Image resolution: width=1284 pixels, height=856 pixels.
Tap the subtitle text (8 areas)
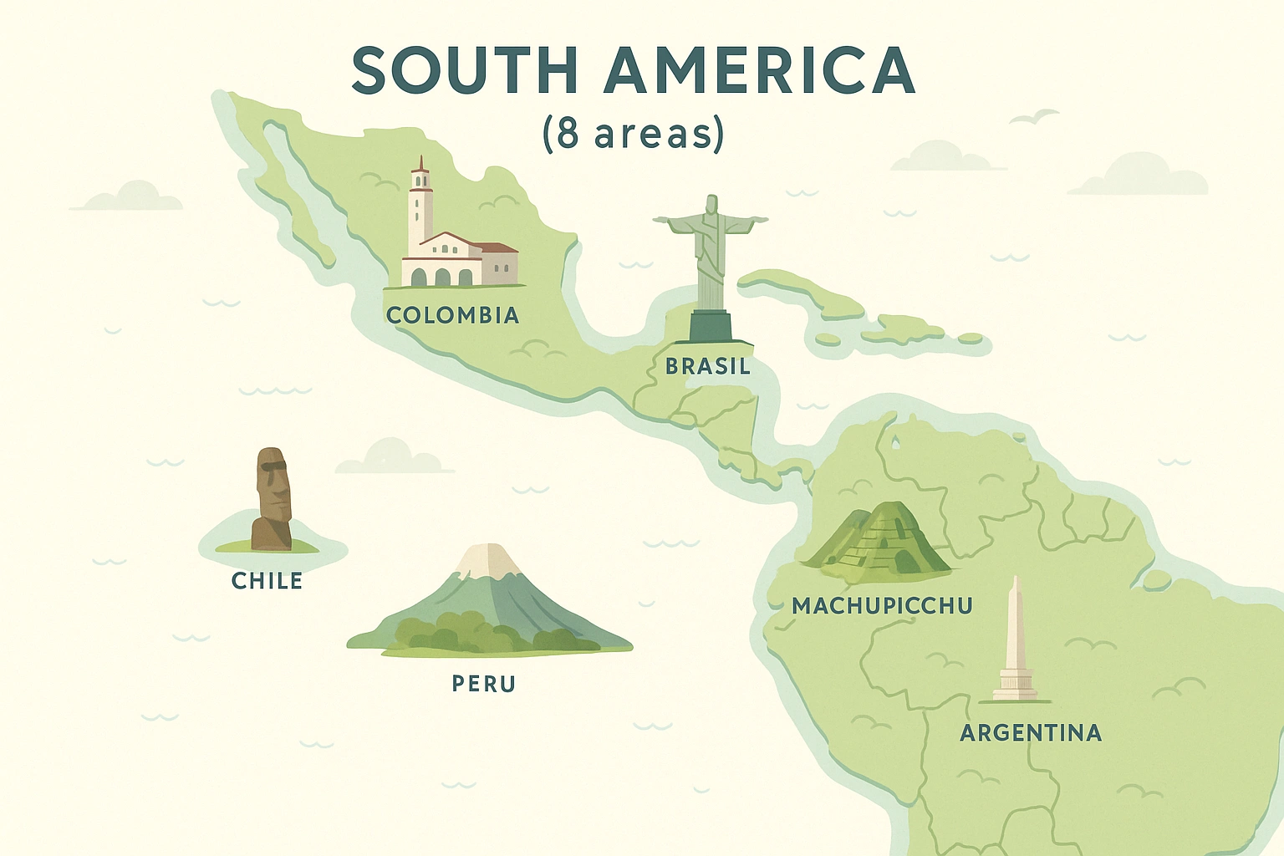(x=633, y=133)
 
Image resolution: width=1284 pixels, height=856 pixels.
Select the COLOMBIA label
(x=452, y=315)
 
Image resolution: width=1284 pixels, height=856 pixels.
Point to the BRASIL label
(x=708, y=366)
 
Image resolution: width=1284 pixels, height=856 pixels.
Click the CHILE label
(x=267, y=580)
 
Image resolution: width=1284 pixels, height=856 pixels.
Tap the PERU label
(x=483, y=684)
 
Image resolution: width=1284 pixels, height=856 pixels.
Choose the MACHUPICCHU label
(x=882, y=605)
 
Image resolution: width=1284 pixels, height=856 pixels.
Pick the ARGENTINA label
(x=1030, y=733)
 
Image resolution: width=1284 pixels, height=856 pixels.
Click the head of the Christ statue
(x=711, y=204)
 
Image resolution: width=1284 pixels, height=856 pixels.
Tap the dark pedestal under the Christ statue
(x=710, y=326)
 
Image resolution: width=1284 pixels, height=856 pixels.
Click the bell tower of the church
(x=420, y=205)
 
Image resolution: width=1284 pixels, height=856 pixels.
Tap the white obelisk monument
(x=1015, y=639)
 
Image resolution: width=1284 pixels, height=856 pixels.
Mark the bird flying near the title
(x=1035, y=117)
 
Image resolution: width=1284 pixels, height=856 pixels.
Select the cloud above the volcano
(x=393, y=457)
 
